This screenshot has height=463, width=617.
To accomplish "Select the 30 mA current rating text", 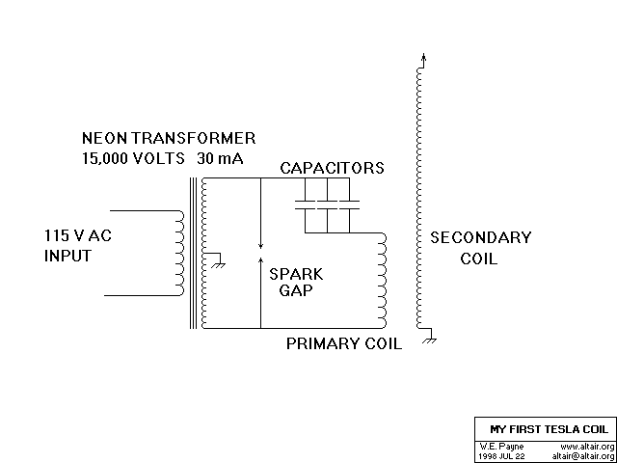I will (219, 158).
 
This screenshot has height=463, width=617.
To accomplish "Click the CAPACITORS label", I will (332, 168).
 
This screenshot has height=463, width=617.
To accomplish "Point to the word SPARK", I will (296, 274).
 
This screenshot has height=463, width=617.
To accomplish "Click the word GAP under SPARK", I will (296, 291).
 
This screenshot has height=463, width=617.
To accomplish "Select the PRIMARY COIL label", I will (344, 344).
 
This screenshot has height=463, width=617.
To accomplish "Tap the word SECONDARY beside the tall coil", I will (480, 238).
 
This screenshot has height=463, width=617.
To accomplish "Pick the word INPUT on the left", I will (67, 256).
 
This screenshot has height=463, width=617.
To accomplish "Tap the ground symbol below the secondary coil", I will (430, 339).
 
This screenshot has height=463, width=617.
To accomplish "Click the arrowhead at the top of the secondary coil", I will (423, 59).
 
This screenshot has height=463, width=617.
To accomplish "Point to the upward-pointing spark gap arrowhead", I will (260, 259).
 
